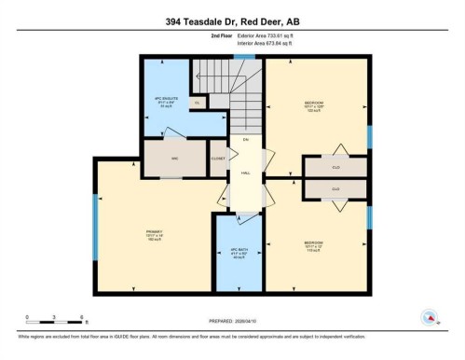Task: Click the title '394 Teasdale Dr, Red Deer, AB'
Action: [x=232, y=20]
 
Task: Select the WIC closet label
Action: [x=174, y=159]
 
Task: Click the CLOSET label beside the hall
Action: [x=218, y=159]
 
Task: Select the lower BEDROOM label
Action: [x=315, y=247]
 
